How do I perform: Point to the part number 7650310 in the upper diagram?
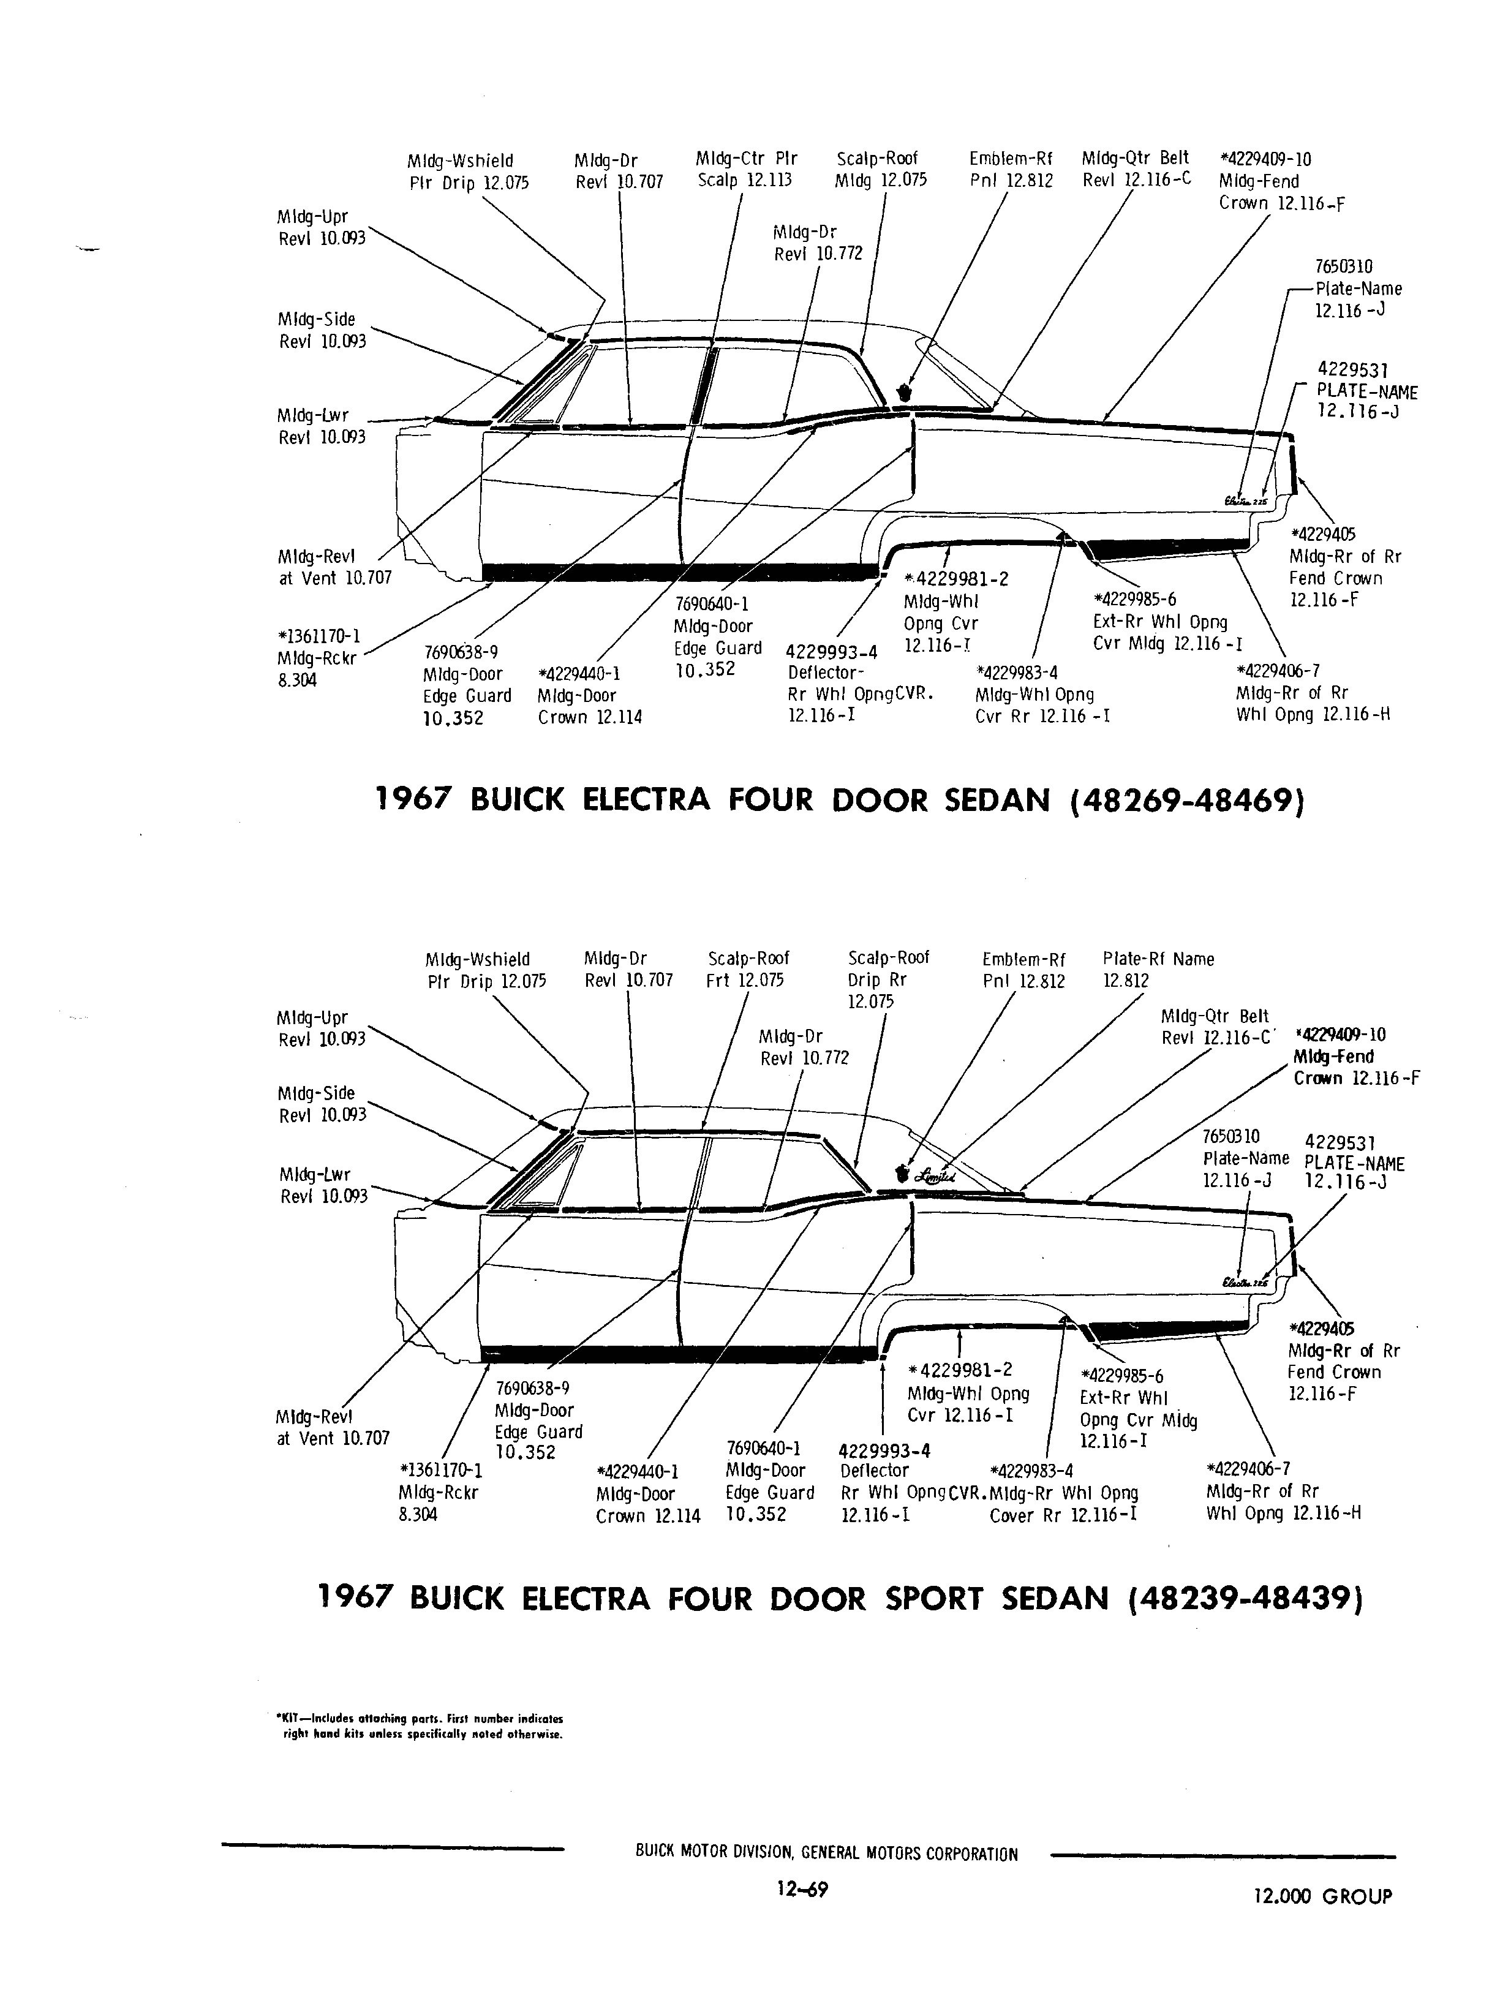pyautogui.click(x=1344, y=267)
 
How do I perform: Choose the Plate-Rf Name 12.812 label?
pyautogui.click(x=1158, y=970)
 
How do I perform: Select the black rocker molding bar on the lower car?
pyautogui.click(x=680, y=1354)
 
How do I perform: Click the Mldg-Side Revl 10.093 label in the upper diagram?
pyautogui.click(x=322, y=330)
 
